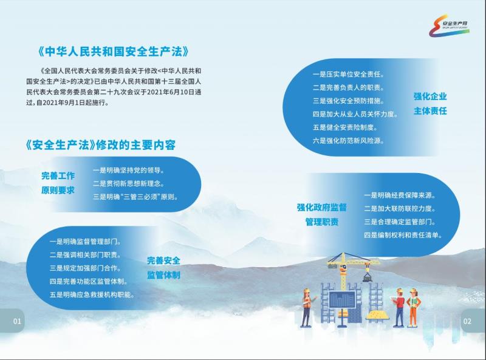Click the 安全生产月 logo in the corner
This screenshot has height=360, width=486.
pos(449,25)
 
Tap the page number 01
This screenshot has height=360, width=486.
pos(17,321)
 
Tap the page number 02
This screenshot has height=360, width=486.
pos(467,321)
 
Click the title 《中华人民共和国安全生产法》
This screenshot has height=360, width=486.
pos(114,52)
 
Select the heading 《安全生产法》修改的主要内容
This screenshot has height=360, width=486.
pos(101,144)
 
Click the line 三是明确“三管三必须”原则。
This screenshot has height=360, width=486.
pos(135,197)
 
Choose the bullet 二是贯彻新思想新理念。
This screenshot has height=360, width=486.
pos(129,183)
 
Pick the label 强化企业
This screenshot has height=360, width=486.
pos(430,97)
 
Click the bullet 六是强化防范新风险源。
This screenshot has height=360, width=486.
pos(348,141)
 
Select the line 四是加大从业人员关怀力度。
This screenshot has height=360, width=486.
pos(355,114)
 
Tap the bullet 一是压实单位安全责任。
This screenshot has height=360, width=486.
pos(348,74)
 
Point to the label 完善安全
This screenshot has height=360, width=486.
pos(163,260)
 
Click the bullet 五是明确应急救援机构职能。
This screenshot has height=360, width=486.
pos(92,294)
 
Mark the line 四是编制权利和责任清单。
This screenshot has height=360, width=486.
pos(403,235)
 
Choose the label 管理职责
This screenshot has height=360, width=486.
pos(322,222)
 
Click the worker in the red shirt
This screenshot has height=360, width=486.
pos(399,307)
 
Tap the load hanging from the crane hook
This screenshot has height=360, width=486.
pos(368,277)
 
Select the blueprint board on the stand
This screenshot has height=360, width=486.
pos(342,299)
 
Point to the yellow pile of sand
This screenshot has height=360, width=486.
pos(377,316)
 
